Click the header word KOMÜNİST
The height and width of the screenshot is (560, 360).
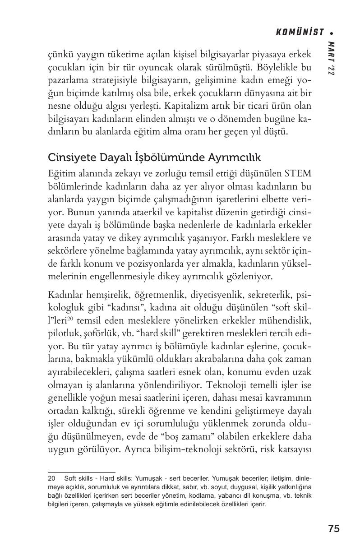[300, 32]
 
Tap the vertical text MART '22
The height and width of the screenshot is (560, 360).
[332, 59]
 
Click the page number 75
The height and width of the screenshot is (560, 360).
[334, 529]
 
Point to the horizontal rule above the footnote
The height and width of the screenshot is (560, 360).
[82, 472]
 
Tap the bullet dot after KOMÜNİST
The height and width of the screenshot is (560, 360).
[332, 32]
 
